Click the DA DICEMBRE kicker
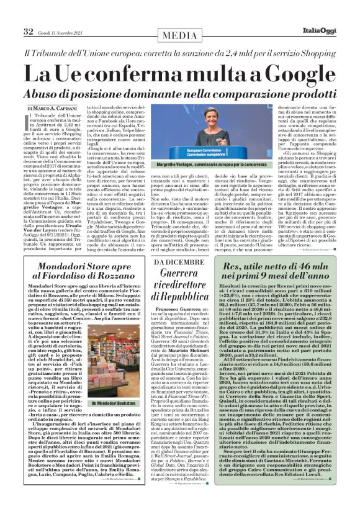[x=179, y=263]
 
